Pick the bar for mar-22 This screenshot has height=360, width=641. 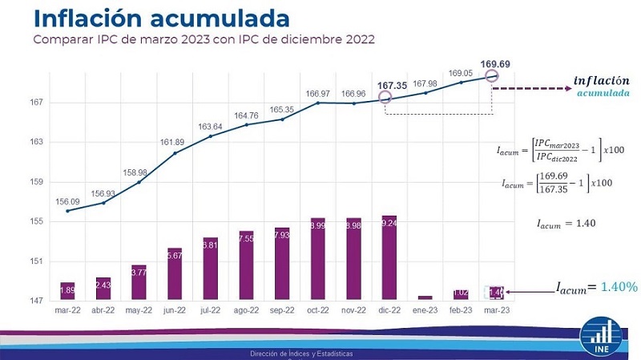point(67,291)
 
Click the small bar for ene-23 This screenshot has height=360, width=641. point(425,298)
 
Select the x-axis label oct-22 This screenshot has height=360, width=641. point(317,309)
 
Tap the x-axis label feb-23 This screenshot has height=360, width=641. point(461,309)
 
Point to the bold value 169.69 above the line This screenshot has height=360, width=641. point(494,63)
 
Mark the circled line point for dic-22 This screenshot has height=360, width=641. point(385,98)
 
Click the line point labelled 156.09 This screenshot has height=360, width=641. point(67,211)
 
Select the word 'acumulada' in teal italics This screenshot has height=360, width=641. point(603,93)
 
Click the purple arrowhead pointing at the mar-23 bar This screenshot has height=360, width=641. point(507,292)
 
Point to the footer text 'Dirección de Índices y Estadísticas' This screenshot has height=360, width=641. point(300,353)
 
